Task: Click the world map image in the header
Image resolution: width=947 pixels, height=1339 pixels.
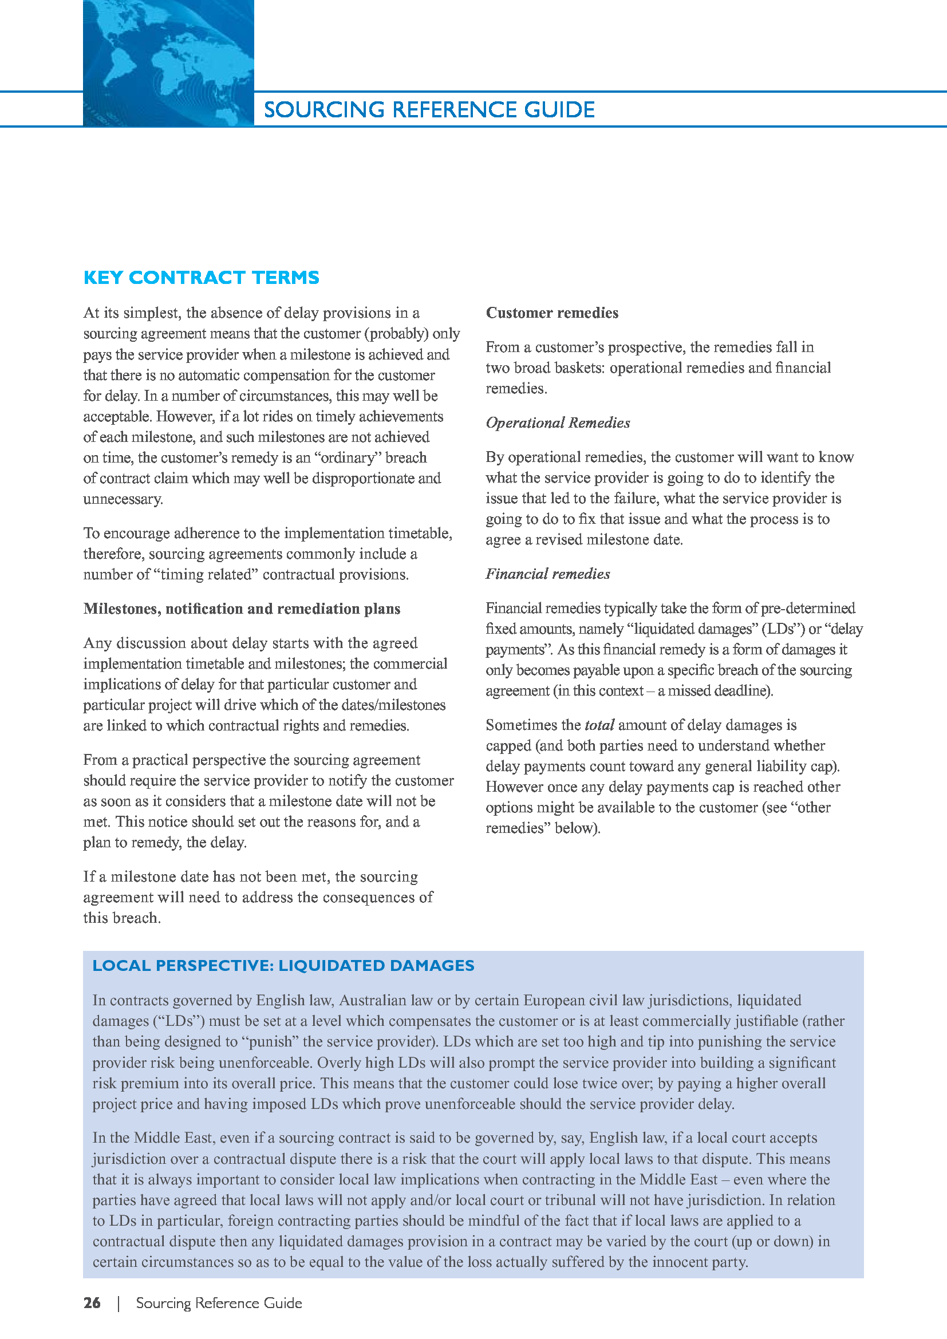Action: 168,63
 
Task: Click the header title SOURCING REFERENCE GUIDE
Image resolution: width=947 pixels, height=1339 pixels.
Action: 429,110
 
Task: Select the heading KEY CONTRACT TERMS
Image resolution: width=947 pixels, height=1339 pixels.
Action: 201,278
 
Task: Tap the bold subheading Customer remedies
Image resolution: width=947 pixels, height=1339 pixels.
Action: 551,313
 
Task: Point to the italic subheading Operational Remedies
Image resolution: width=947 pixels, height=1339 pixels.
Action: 558,423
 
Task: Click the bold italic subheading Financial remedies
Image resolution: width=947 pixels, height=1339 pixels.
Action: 547,574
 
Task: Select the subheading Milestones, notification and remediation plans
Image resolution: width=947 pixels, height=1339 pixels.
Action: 242,609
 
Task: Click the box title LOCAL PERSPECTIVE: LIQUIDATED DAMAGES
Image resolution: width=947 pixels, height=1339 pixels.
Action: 283,966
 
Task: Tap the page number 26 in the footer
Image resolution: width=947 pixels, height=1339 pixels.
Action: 92,1303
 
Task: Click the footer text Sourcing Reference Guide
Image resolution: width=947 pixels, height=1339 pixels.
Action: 219,1303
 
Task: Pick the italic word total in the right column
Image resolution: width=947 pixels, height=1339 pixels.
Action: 599,725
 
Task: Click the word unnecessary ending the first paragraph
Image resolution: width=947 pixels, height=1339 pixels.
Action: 123,499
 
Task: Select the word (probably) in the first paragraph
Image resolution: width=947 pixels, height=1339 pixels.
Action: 396,334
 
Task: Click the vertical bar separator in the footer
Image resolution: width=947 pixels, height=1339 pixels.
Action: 119,1303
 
